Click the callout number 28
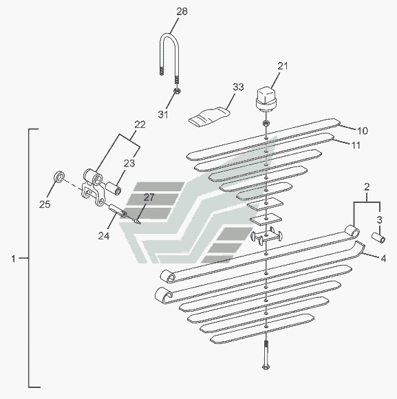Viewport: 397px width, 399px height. coord(182,12)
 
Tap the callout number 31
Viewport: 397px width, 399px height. coord(163,114)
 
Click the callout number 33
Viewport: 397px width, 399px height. coord(238,87)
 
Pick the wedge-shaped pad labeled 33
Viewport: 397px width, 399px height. coord(209,116)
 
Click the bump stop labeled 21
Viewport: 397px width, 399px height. coord(266,99)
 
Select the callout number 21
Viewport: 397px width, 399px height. coord(283,66)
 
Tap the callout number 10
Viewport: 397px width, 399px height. coord(363,131)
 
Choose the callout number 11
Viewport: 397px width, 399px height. coord(356,145)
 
